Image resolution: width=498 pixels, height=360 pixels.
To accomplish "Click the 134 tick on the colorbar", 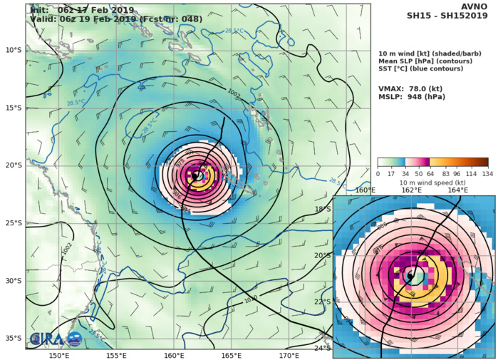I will point(487,174).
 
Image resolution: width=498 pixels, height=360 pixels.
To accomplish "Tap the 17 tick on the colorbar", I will point(392,174).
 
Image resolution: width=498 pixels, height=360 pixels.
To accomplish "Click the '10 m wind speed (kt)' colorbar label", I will point(432,182).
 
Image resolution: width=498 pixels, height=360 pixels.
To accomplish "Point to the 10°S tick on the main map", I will point(13,50).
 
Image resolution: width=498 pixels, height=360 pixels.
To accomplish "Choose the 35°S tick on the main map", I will point(13,339).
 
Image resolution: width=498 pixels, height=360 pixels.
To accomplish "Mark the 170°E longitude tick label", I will point(289,355).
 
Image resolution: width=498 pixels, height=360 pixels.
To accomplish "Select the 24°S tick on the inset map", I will point(322,348).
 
